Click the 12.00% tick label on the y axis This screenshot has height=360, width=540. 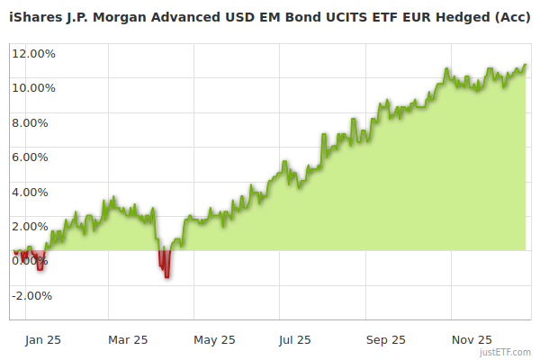click(33, 53)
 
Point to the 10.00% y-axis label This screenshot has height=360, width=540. click(33, 87)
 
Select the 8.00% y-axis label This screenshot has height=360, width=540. click(36, 122)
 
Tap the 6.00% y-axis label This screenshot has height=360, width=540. click(36, 157)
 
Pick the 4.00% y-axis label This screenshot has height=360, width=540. click(36, 192)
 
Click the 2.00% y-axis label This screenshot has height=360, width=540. click(36, 226)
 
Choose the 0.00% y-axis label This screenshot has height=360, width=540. click(34, 261)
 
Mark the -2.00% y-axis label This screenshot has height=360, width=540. click(34, 295)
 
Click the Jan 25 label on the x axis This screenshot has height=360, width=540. click(43, 340)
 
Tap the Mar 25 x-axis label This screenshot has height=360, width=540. click(127, 340)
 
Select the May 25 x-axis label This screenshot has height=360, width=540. click(214, 340)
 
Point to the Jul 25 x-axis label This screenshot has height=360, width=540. click(294, 340)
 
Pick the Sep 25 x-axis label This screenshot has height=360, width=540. click(385, 340)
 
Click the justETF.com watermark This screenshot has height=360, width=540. click(506, 352)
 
